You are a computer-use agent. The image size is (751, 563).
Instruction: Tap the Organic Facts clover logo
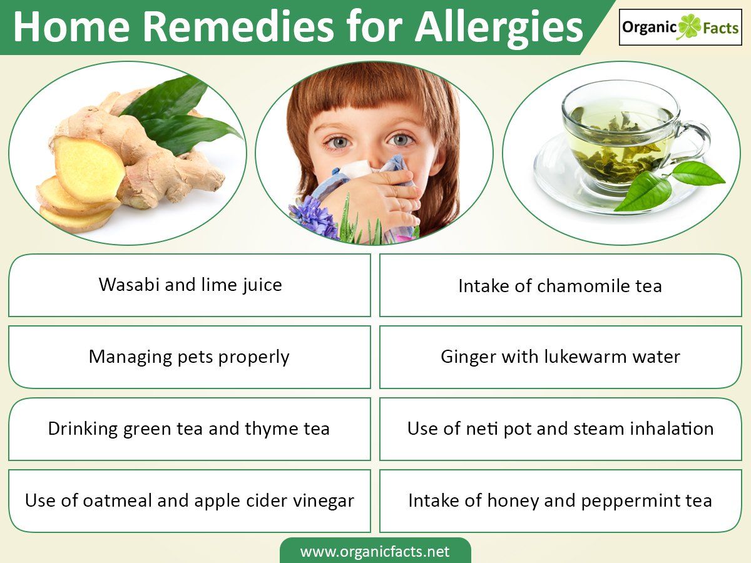(680, 28)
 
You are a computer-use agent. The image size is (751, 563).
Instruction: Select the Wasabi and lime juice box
(190, 285)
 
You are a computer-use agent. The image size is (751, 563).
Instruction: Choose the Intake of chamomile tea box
(560, 285)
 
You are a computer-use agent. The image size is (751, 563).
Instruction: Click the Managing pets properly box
(190, 357)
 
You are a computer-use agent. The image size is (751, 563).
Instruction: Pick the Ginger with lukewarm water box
(560, 357)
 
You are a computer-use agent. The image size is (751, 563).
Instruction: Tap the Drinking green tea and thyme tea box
(190, 429)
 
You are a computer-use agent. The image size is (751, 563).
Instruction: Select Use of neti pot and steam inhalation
(560, 429)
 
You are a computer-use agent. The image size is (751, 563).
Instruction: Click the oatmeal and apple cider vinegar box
(190, 501)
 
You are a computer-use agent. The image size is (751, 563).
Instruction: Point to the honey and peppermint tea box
(560, 501)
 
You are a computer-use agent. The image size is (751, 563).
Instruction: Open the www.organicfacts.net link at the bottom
(375, 551)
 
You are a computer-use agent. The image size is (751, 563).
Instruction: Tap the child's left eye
(399, 139)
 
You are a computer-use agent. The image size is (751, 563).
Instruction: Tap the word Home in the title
(71, 28)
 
